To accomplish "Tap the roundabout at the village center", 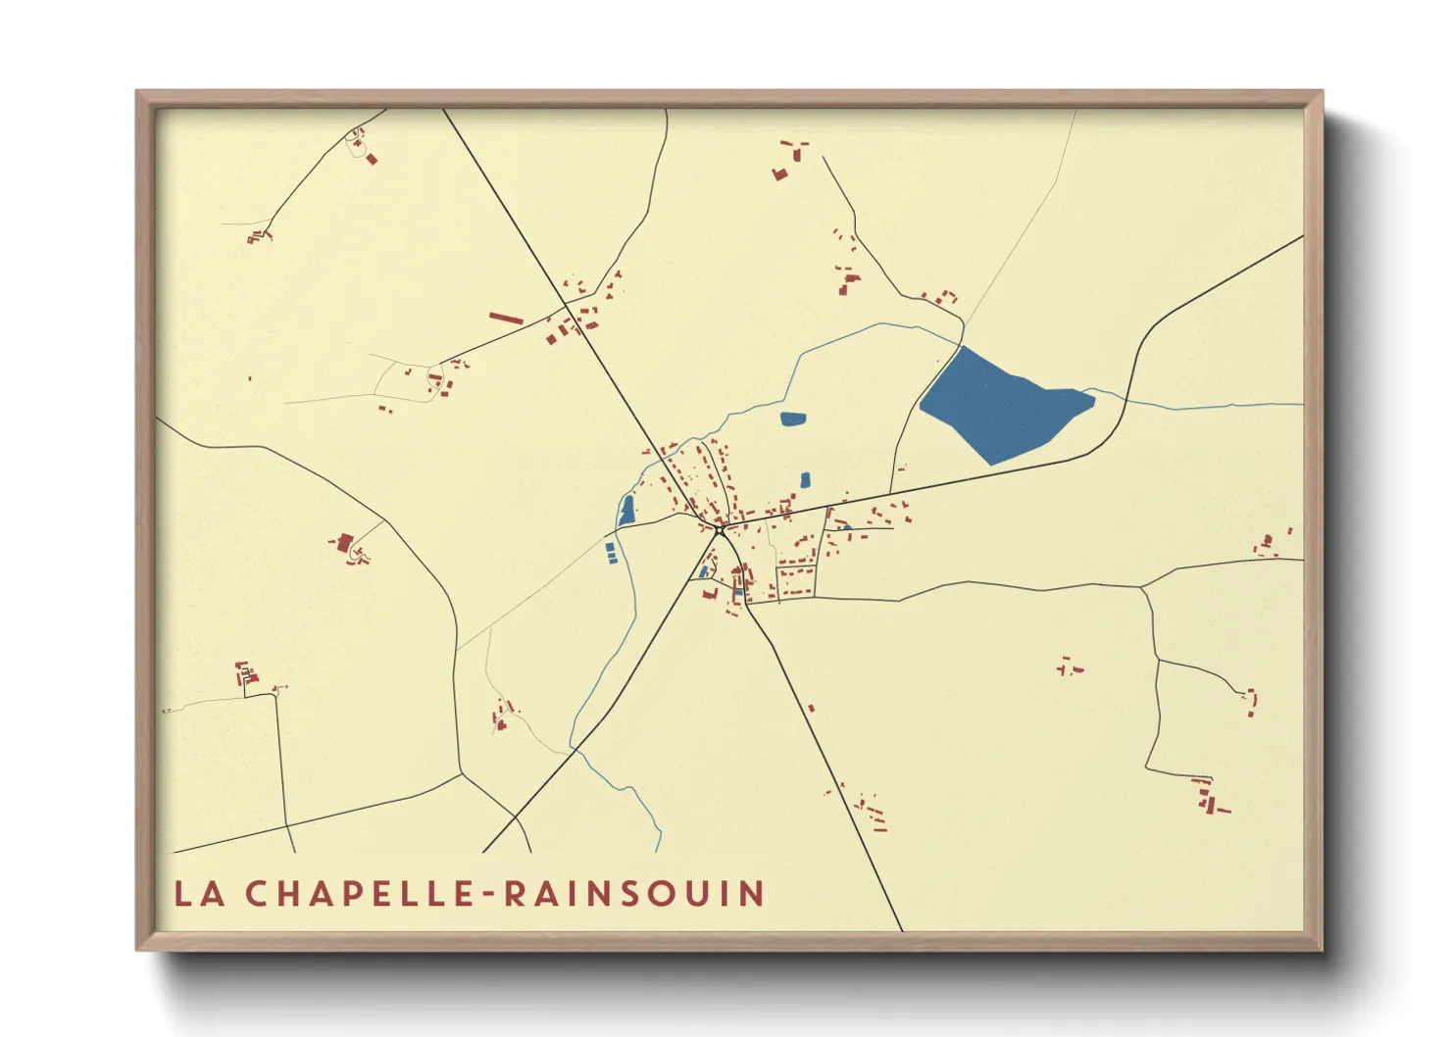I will (x=720, y=530).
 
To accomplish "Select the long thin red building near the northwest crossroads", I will (x=506, y=319).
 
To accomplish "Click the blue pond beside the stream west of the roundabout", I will (x=626, y=510).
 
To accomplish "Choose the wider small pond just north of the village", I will (x=793, y=420).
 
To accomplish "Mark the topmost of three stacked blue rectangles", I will (x=610, y=546).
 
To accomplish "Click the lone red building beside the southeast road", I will (x=811, y=708).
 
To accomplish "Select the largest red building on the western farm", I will (x=344, y=542).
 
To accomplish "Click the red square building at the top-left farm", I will (x=372, y=159).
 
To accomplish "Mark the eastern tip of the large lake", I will (x=1093, y=397).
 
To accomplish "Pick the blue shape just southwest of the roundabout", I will (x=704, y=571).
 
